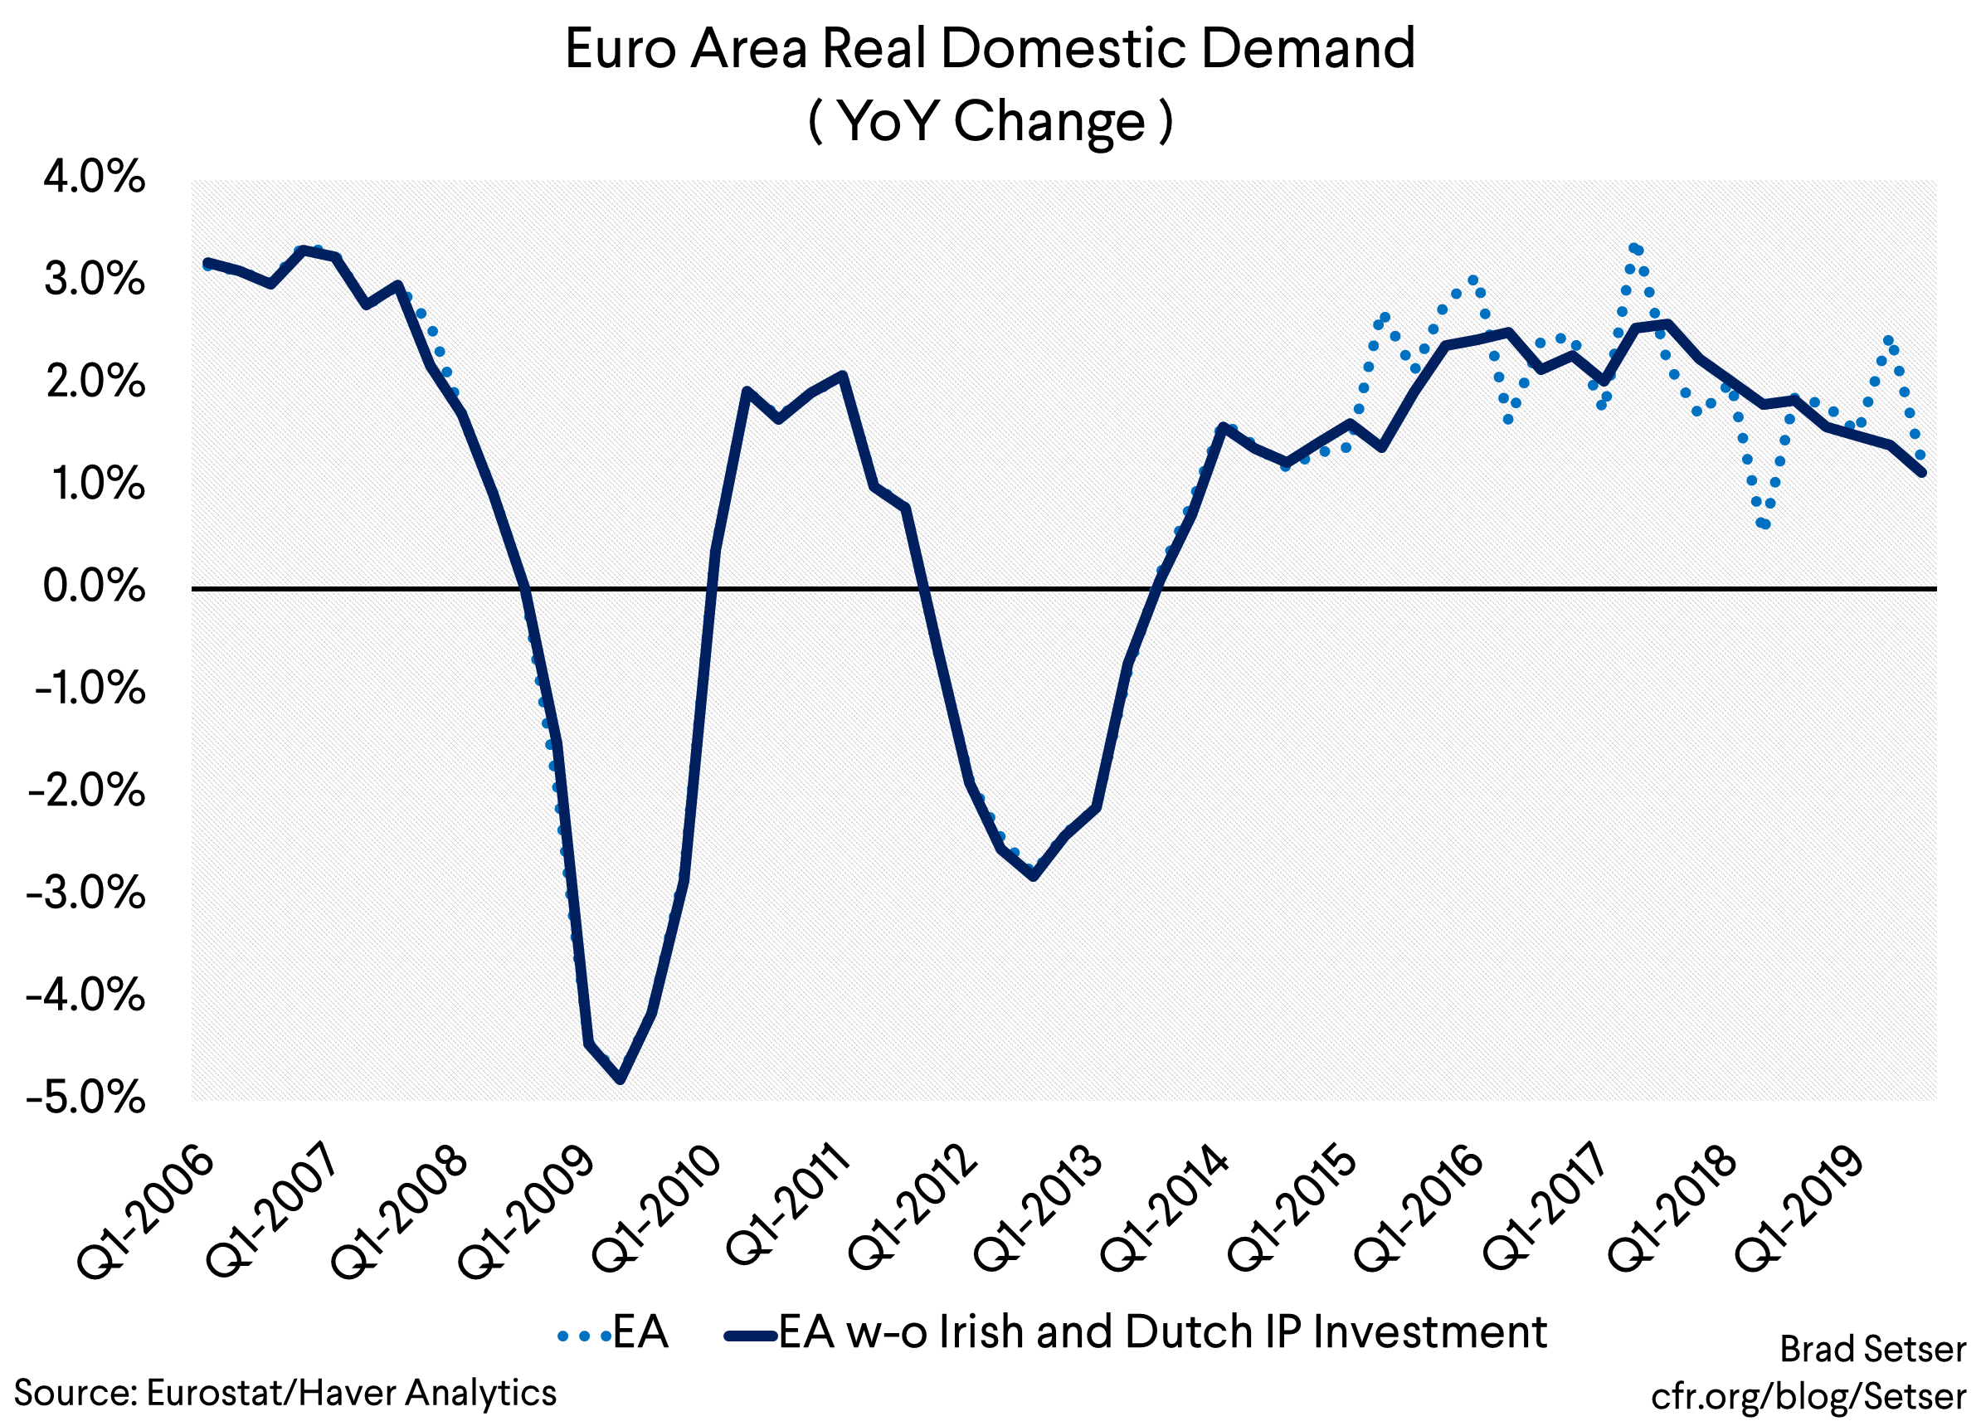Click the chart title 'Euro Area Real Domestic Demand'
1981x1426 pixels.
(x=990, y=49)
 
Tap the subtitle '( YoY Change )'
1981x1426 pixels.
(x=990, y=121)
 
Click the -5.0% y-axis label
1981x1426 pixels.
(x=86, y=1097)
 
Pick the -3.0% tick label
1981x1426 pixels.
(x=86, y=893)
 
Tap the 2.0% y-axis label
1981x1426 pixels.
(x=95, y=382)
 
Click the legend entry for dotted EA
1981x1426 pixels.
(x=614, y=1332)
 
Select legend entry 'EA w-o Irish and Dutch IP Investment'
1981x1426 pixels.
(x=1136, y=1332)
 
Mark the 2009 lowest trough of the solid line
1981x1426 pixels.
(x=621, y=1079)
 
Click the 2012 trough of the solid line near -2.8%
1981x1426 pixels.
(x=1034, y=875)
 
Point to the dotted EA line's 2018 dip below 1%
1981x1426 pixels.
(x=1764, y=524)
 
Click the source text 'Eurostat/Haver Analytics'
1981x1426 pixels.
(x=350, y=1392)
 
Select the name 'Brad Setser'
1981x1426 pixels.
(x=1872, y=1349)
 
